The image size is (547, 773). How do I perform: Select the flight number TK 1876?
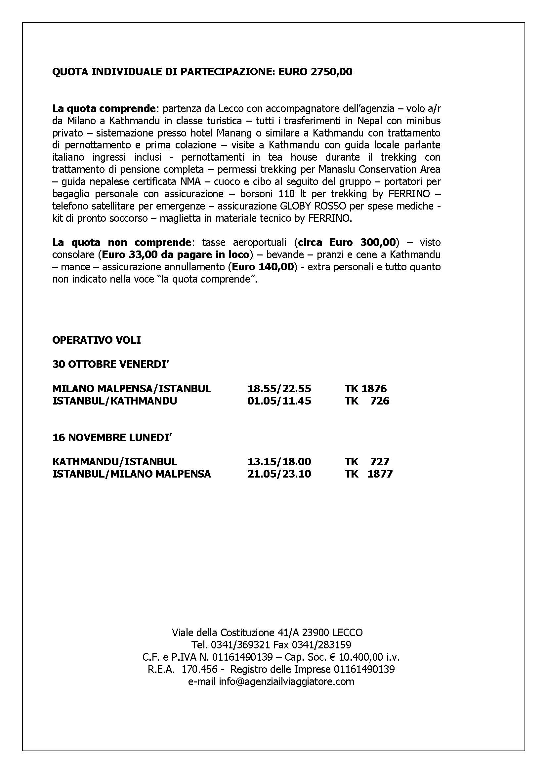click(365, 389)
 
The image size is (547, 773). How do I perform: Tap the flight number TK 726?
click(367, 401)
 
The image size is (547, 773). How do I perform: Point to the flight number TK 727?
click(367, 462)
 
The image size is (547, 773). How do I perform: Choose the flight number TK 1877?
click(368, 474)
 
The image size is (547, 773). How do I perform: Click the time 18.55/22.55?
click(279, 389)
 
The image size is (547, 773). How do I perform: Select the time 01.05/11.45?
click(279, 401)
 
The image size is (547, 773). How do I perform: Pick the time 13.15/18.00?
click(279, 462)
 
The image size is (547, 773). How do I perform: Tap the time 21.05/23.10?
click(279, 474)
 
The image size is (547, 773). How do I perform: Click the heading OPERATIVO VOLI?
click(96, 340)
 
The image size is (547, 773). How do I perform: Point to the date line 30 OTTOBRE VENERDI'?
click(110, 364)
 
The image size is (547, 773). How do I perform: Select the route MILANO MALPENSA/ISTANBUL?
click(132, 389)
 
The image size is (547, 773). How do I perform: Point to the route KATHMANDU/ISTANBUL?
click(114, 462)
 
